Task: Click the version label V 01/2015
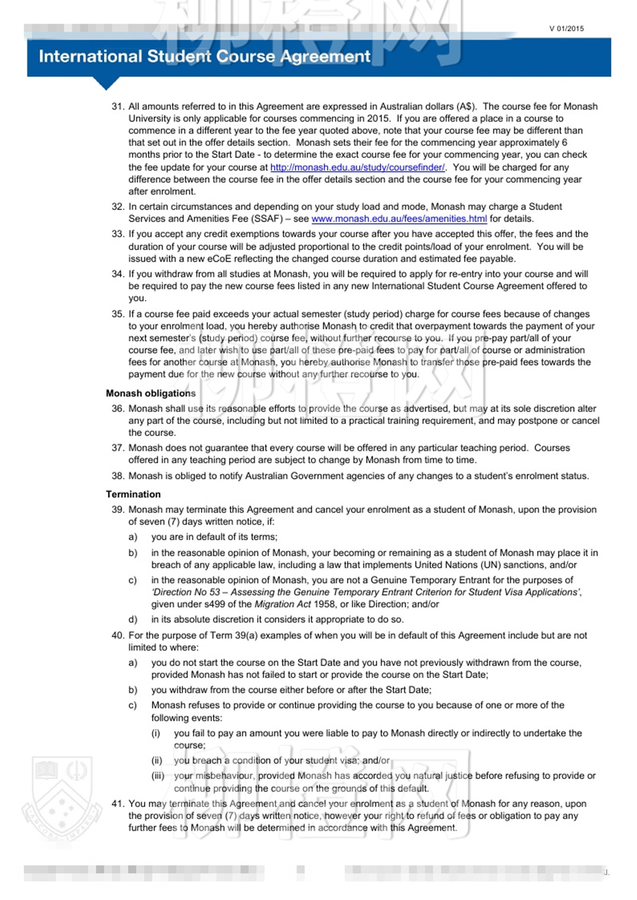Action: [566, 29]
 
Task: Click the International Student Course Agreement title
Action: [204, 56]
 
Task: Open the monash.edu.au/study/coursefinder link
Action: [357, 167]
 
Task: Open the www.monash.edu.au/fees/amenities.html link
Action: [399, 219]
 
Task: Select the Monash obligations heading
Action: [151, 393]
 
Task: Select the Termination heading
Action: [133, 494]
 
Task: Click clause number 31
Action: [118, 106]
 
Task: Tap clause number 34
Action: [118, 274]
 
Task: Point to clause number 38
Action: [118, 476]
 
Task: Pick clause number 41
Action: [118, 804]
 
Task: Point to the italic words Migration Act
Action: [283, 604]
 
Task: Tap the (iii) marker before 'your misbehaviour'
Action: [157, 775]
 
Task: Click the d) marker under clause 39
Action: [132, 620]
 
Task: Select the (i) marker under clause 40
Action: [156, 733]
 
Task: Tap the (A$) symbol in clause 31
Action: [465, 106]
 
